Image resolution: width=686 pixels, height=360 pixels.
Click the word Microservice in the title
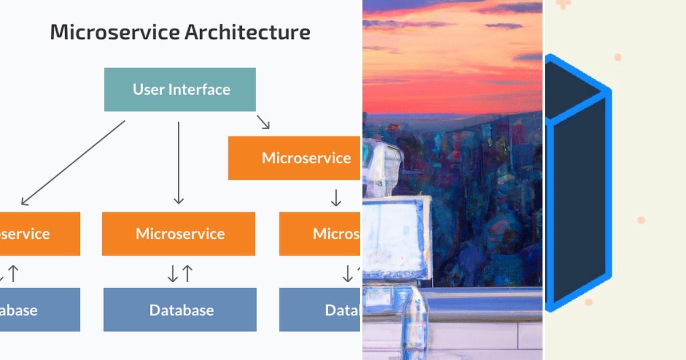[114, 32]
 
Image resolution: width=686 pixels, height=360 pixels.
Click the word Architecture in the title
[248, 32]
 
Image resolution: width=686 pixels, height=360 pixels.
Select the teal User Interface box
[180, 90]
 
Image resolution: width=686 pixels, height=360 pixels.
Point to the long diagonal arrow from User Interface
[73, 162]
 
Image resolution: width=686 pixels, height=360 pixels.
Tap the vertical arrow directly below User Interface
[178, 162]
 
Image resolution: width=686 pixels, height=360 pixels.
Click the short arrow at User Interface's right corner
[263, 122]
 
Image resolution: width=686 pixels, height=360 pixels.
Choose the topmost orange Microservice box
[294, 158]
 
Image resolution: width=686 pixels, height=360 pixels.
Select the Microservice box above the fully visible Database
[179, 234]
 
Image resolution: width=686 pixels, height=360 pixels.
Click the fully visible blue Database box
[180, 310]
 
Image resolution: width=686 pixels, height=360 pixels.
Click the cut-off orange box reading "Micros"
[320, 234]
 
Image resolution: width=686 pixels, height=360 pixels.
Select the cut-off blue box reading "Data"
[320, 310]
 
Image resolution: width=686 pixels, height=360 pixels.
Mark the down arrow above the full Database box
[173, 274]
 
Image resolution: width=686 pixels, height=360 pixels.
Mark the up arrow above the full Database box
[187, 274]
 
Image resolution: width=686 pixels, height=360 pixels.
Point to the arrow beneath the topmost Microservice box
[336, 198]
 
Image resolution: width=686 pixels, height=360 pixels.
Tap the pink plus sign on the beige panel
[564, 4]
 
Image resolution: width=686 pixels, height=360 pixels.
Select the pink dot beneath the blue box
[588, 302]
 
